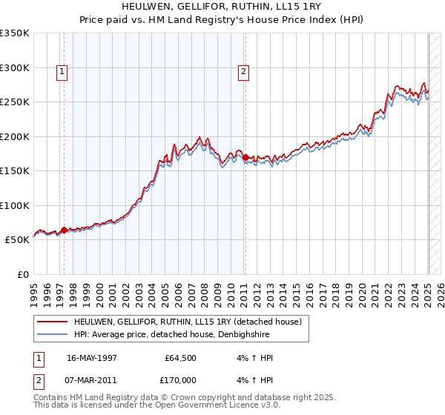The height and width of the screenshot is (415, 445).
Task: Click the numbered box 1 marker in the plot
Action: pyautogui.click(x=61, y=72)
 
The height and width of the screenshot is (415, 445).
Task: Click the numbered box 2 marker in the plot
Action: pyautogui.click(x=243, y=72)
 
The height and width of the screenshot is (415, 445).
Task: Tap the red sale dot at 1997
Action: pyautogui.click(x=64, y=230)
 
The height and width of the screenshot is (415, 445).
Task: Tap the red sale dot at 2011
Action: pyautogui.click(x=245, y=157)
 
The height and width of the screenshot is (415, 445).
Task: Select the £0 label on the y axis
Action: pyautogui.click(x=22, y=274)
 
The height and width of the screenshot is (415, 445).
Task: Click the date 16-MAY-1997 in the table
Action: pyautogui.click(x=92, y=358)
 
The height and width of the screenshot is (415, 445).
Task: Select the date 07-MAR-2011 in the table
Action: pyautogui.click(x=92, y=380)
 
